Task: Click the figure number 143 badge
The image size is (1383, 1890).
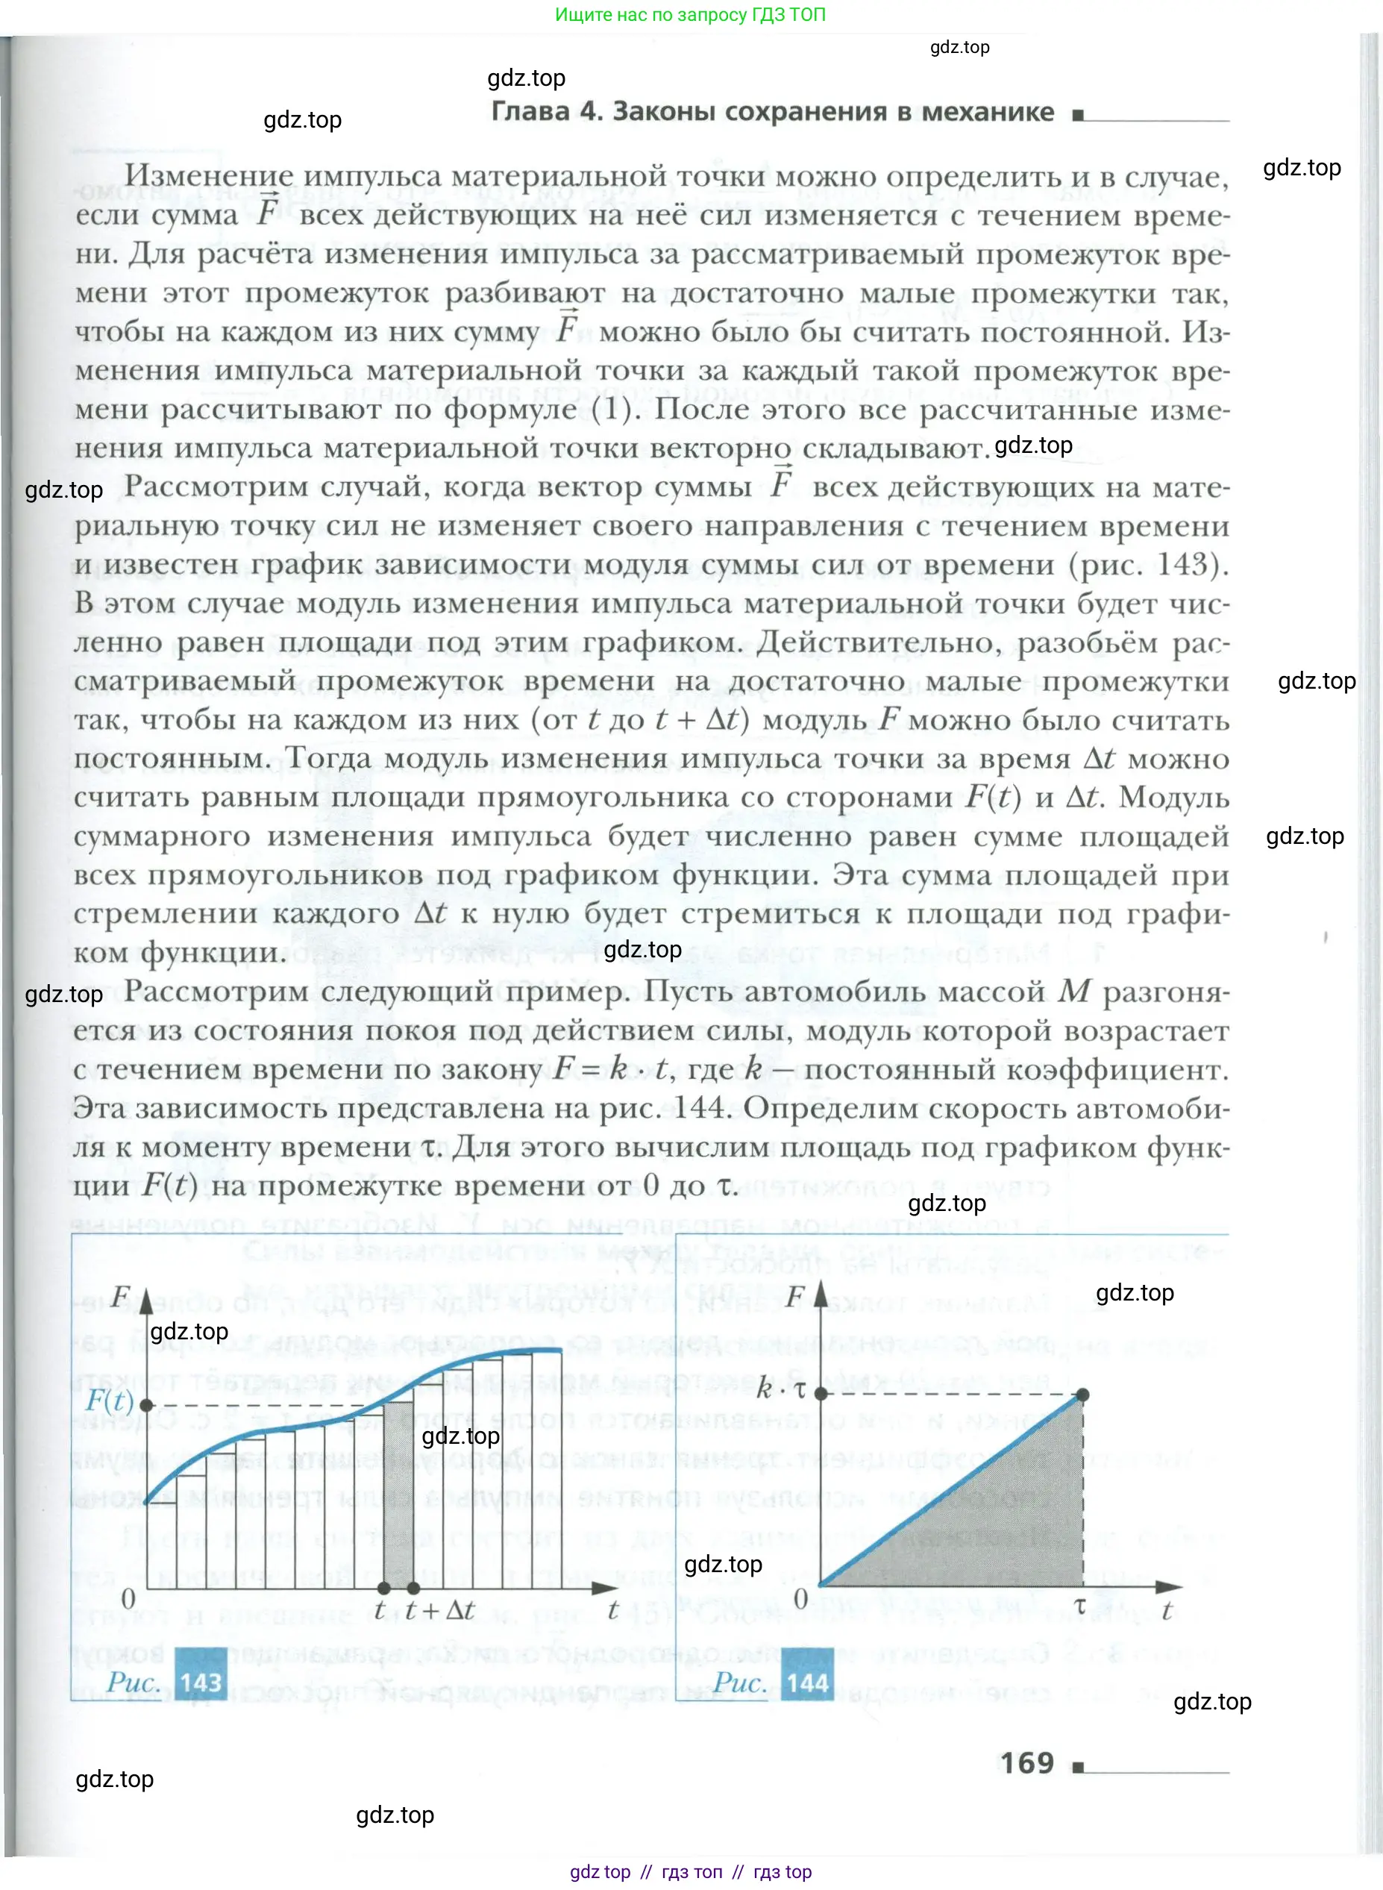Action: click(x=201, y=1682)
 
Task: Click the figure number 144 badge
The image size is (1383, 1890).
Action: click(x=807, y=1683)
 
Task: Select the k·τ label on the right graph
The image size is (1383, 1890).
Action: click(x=780, y=1389)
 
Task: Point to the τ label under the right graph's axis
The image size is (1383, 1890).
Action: click(x=1080, y=1606)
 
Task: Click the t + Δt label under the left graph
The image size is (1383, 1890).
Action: click(x=440, y=1609)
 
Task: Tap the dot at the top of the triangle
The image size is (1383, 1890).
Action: click(x=1082, y=1395)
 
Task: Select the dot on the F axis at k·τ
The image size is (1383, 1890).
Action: click(x=821, y=1393)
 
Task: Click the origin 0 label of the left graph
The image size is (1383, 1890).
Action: click(x=128, y=1598)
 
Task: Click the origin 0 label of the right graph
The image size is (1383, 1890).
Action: click(x=800, y=1598)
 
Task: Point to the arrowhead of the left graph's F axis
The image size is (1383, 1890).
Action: click(x=146, y=1301)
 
